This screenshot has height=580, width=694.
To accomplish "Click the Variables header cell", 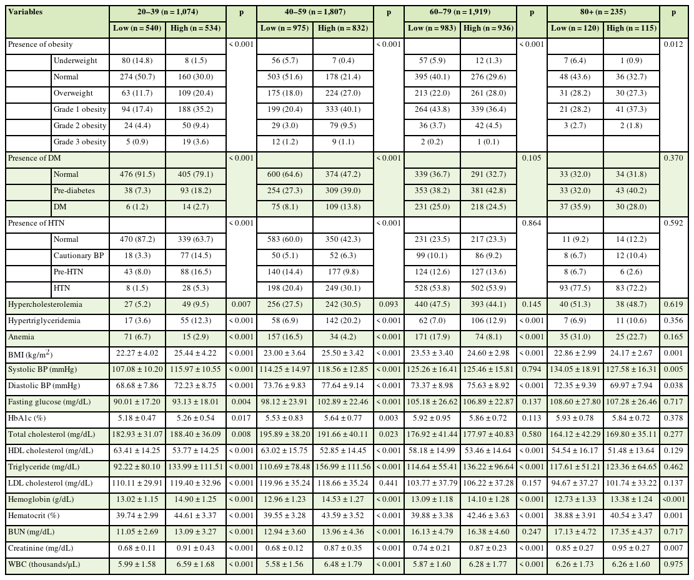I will coord(26,12).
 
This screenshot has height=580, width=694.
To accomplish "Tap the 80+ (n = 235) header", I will coord(603,12).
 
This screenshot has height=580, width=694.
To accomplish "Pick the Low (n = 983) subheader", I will coord(432,28).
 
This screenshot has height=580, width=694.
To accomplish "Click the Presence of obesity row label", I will coord(40,44).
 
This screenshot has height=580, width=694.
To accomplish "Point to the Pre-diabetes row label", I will coord(74,191).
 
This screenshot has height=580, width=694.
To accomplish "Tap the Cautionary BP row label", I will coord(77,256).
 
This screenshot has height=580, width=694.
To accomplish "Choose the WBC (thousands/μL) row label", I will coord(46,564).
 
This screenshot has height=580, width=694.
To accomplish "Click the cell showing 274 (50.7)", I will coord(137,77).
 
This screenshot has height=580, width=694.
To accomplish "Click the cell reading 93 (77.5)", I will coord(575,288).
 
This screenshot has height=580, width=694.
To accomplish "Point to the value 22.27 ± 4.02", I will coord(137,353).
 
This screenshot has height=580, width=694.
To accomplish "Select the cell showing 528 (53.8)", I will coord(432,288).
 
